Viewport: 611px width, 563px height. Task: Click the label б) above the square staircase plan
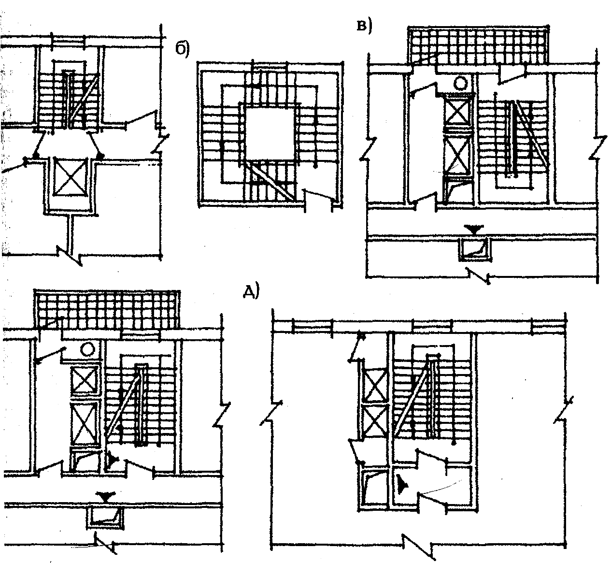(182, 49)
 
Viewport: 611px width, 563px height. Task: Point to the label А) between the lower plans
(251, 291)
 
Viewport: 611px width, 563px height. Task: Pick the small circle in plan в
(461, 84)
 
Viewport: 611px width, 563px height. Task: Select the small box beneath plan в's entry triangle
(474, 248)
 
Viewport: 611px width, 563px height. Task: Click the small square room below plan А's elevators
(375, 488)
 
